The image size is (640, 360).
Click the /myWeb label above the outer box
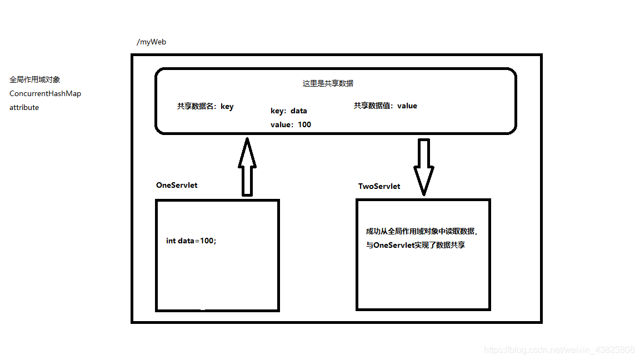point(151,42)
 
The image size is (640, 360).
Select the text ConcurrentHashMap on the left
point(45,93)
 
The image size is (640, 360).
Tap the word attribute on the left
point(24,107)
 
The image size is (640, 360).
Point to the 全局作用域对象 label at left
point(35,79)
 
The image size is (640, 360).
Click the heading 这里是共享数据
point(328,83)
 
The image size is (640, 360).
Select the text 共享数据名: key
point(205,107)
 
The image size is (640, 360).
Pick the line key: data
point(288,111)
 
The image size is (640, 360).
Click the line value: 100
point(291,124)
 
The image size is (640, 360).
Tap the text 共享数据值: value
point(385,106)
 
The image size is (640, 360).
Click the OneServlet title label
point(177,185)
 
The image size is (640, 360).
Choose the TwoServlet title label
point(379,186)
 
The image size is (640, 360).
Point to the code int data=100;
point(191,241)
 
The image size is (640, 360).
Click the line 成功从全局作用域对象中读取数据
point(421,231)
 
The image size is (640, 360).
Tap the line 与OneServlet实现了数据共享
point(415,245)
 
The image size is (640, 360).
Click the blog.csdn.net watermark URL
point(559,350)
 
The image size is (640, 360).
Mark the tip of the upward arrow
point(247,138)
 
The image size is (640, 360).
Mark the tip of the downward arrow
point(424,194)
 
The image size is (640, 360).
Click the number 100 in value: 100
point(304,124)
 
